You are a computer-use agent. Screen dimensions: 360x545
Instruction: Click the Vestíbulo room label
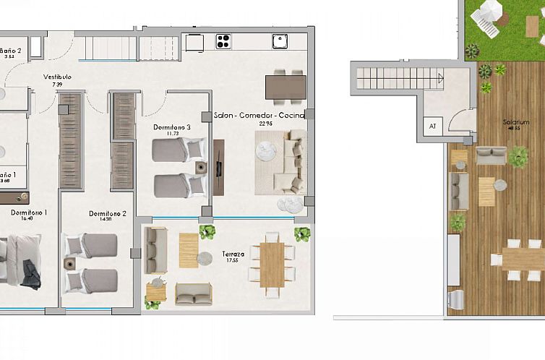57,77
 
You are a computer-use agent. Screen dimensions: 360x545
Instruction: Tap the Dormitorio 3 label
172,127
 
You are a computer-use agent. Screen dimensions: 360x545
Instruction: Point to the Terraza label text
233,255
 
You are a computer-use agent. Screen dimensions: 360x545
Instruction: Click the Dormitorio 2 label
108,214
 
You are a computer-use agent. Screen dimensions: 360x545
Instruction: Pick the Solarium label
516,122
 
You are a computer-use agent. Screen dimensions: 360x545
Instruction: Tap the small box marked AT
433,126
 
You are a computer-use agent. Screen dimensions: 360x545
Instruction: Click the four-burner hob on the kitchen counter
223,41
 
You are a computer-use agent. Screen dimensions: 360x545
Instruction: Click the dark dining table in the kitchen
286,87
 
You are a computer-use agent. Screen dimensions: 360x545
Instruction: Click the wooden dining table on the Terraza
272,264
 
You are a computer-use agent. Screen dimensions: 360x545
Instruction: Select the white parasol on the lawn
489,12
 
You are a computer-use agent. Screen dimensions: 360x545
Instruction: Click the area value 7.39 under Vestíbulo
57,85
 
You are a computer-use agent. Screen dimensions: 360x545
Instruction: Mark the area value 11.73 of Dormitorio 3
172,134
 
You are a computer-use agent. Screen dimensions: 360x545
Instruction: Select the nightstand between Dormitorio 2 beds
70,264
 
